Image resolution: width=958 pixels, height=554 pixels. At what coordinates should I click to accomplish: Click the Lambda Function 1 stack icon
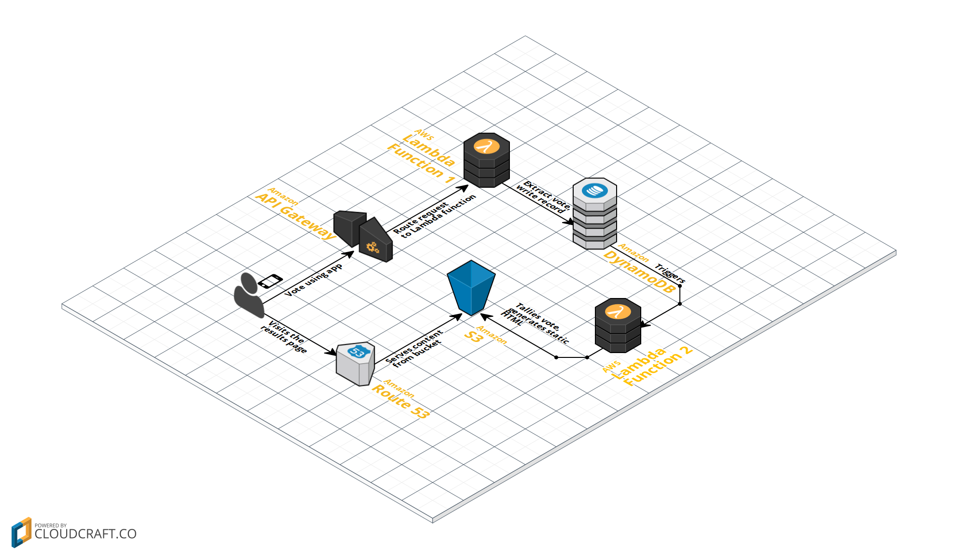pyautogui.click(x=486, y=160)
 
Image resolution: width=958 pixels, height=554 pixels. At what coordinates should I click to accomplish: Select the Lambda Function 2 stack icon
pyautogui.click(x=618, y=326)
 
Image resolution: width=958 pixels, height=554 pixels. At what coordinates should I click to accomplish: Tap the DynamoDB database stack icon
pyautogui.click(x=594, y=214)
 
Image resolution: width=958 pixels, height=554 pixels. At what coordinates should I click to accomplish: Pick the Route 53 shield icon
pyautogui.click(x=356, y=364)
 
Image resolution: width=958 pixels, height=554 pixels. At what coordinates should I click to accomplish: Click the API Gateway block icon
pyautogui.click(x=363, y=236)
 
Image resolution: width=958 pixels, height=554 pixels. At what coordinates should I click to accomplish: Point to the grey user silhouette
pyautogui.click(x=249, y=296)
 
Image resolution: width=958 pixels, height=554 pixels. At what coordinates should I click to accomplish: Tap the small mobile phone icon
pyautogui.click(x=270, y=281)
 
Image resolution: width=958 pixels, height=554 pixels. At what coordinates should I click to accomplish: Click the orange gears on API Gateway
pyautogui.click(x=372, y=248)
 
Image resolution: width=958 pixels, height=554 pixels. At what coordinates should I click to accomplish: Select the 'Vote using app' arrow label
pyautogui.click(x=314, y=280)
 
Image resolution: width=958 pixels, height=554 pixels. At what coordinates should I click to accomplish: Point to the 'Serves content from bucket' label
pyautogui.click(x=415, y=348)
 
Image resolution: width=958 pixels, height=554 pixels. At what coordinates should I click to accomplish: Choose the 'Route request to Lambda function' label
pyautogui.click(x=434, y=216)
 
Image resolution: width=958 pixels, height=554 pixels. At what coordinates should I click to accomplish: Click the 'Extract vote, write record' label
pyautogui.click(x=543, y=197)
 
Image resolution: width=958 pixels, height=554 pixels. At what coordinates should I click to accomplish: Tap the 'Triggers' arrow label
pyautogui.click(x=670, y=273)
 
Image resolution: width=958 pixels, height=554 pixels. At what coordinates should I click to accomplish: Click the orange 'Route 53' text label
pyautogui.click(x=400, y=401)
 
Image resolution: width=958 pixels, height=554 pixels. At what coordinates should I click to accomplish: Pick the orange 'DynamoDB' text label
pyautogui.click(x=638, y=271)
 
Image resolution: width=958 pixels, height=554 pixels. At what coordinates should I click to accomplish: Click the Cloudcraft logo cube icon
pyautogui.click(x=21, y=532)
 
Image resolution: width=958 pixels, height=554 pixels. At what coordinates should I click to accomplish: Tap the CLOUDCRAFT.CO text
pyautogui.click(x=85, y=534)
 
